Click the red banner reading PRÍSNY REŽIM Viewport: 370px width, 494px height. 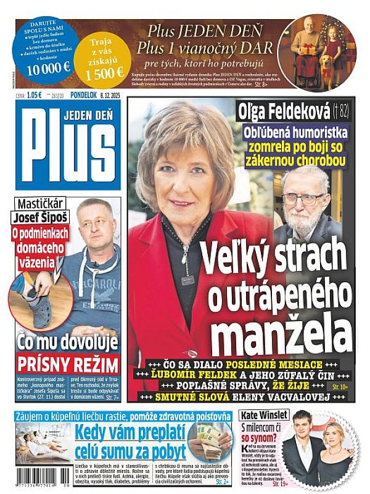(x=67, y=363)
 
